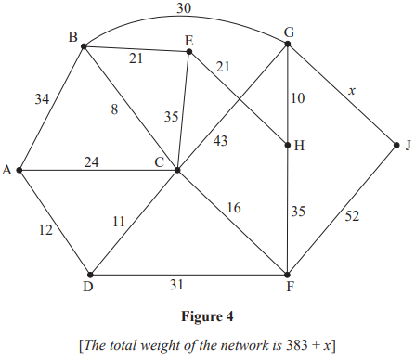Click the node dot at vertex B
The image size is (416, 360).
(x=84, y=45)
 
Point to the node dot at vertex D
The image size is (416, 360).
(x=90, y=274)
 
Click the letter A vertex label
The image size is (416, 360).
(x=7, y=171)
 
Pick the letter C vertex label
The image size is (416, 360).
(x=160, y=162)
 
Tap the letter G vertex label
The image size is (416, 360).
(x=290, y=32)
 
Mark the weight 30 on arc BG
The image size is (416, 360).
(x=184, y=9)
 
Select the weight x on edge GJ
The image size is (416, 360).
(x=351, y=90)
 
